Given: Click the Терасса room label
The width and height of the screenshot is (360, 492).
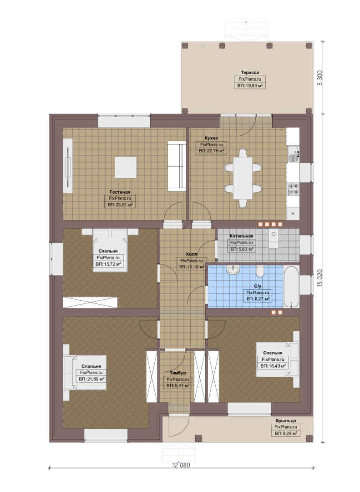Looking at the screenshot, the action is pyautogui.click(x=249, y=72).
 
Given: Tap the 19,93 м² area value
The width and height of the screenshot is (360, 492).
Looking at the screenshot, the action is pyautogui.click(x=249, y=85).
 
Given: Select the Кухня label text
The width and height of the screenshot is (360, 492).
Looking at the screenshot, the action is pyautogui.click(x=211, y=138).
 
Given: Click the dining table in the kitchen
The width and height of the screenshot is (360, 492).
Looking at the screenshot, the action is pyautogui.click(x=243, y=178).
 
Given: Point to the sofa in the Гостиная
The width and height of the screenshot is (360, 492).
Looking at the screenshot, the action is pyautogui.click(x=176, y=166).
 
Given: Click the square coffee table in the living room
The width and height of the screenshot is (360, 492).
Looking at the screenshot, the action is pyautogui.click(x=126, y=167).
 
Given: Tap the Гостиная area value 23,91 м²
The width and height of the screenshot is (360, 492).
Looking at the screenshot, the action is pyautogui.click(x=120, y=205).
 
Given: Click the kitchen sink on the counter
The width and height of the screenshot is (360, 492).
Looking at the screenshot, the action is pyautogui.click(x=293, y=154).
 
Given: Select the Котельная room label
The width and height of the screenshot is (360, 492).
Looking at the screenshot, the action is pyautogui.click(x=241, y=236).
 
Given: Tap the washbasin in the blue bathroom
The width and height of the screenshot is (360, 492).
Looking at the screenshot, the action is pyautogui.click(x=233, y=270).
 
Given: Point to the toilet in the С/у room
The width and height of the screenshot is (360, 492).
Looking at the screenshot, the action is pyautogui.click(x=260, y=272).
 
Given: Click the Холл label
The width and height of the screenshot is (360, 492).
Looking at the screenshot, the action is pyautogui.click(x=191, y=254).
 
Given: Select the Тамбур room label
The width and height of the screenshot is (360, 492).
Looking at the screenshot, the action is pyautogui.click(x=178, y=373).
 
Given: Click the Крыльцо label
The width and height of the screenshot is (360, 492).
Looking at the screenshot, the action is pyautogui.click(x=286, y=420).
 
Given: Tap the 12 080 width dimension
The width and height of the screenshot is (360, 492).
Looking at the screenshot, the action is pyautogui.click(x=181, y=465).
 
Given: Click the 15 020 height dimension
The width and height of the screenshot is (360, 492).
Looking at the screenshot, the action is pyautogui.click(x=319, y=277).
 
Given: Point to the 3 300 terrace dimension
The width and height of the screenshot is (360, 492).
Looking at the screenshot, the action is pyautogui.click(x=319, y=78).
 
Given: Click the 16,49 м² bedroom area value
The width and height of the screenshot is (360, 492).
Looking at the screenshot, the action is pyautogui.click(x=273, y=366).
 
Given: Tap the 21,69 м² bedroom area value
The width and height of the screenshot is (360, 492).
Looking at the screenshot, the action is pyautogui.click(x=91, y=379).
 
